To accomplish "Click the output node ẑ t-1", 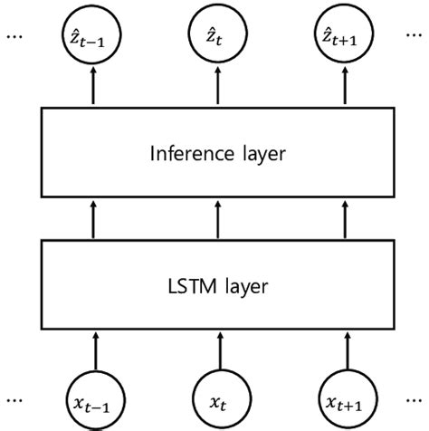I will [93, 39].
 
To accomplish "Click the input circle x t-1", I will [93, 395].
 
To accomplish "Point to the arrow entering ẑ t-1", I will [93, 88].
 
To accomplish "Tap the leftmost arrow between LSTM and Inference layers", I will [93, 220].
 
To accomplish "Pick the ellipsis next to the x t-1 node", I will [15, 397].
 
